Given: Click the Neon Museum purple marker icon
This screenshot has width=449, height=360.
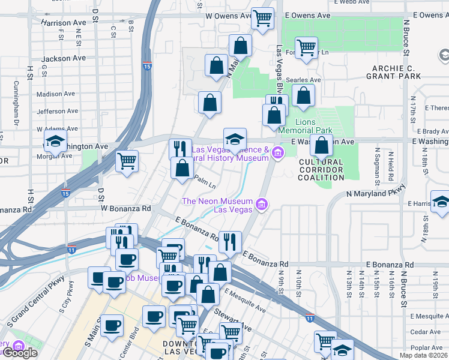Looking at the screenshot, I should [261, 205].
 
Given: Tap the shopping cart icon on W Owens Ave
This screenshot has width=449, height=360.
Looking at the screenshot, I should [262, 19].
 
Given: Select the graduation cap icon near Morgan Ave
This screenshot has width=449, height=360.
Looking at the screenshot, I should [55, 143].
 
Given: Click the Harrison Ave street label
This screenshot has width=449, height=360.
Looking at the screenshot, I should [64, 23].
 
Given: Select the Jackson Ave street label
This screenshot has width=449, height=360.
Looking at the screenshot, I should [64, 59].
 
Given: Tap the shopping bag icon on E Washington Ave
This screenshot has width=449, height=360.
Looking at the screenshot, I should [322, 146].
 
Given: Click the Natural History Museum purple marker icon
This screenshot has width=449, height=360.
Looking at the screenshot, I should [277, 154].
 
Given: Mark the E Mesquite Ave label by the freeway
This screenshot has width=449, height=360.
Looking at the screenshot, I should [245, 299].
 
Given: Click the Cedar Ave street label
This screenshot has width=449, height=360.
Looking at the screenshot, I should [426, 331].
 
